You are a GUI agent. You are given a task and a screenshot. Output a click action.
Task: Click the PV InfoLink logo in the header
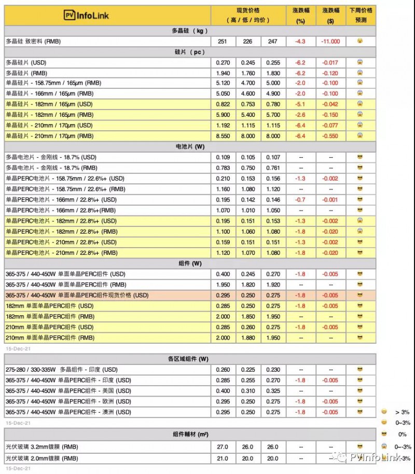(87, 16)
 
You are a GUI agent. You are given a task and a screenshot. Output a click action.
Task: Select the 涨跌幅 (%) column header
(300, 16)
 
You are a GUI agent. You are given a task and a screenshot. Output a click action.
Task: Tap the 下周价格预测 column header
(361, 16)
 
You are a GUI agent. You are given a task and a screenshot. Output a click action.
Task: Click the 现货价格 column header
(248, 16)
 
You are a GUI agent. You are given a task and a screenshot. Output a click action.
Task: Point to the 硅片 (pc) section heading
(190, 52)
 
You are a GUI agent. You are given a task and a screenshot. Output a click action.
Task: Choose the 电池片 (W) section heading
(190, 146)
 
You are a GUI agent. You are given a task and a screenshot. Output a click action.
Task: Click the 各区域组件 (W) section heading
(190, 359)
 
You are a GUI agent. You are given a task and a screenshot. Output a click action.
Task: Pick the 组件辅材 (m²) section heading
(190, 435)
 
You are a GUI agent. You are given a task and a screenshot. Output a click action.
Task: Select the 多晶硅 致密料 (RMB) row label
(33, 41)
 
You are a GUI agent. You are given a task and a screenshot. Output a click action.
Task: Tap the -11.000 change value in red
(330, 41)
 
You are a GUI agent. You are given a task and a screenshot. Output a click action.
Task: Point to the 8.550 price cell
(223, 136)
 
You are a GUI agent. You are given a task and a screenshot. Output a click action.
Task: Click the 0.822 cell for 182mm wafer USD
(223, 104)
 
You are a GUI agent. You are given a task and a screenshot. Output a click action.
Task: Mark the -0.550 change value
(330, 136)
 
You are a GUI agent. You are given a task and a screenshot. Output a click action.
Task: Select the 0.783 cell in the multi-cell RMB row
(223, 168)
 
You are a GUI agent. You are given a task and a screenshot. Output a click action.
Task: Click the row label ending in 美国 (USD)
(68, 391)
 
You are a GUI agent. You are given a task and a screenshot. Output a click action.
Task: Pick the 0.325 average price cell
(273, 391)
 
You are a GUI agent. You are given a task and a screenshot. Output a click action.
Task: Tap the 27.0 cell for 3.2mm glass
(223, 447)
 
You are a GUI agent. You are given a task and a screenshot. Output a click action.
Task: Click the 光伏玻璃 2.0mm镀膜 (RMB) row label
(41, 458)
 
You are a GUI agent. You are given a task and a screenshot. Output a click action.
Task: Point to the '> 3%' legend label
(402, 412)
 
